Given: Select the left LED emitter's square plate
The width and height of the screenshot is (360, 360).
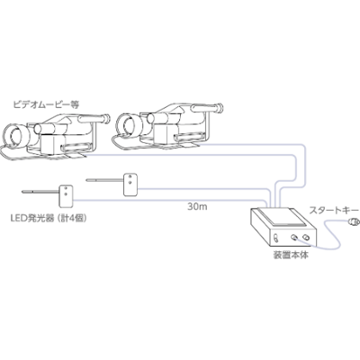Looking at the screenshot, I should tap(65, 193).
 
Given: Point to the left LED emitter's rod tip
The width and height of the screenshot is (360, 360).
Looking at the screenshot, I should tap(20, 191).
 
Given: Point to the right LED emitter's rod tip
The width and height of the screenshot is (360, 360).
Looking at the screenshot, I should tap(85, 183).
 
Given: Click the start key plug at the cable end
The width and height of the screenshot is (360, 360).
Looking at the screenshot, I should tap(353, 221).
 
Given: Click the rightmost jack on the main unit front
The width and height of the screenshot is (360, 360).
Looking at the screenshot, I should tap(307, 238).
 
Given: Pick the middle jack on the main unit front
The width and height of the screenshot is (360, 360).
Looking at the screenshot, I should tap(295, 239).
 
